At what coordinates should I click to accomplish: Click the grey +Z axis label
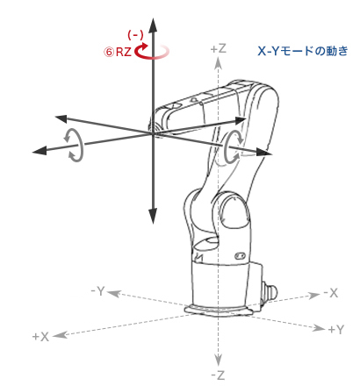219,48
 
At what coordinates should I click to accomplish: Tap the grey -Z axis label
218,375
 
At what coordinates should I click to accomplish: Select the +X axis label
40,337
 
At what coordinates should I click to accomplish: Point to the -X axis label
331,292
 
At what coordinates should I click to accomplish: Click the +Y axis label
336,330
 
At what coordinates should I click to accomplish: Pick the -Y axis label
98,291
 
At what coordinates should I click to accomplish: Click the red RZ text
124,52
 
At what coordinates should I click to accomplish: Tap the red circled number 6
109,53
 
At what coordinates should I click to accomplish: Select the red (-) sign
135,35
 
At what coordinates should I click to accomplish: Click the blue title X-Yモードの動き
303,51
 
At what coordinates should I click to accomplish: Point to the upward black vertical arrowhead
153,25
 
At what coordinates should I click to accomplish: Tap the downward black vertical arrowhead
153,217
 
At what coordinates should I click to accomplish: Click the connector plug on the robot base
269,290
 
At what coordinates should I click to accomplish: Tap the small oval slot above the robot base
240,256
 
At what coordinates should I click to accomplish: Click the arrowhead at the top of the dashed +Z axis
218,63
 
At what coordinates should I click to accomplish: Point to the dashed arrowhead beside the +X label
60,334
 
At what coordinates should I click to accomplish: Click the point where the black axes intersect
153,133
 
